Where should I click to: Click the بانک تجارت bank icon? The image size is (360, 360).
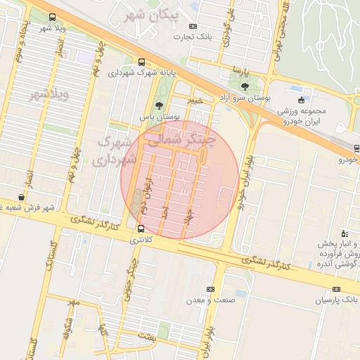pos(193,26)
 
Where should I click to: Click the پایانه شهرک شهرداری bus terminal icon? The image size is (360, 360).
pos(143,62)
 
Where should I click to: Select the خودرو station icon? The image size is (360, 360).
pos(356,148)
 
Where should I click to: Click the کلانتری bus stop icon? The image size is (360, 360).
pos(141,229)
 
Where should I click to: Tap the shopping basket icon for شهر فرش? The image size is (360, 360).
pos(20,198)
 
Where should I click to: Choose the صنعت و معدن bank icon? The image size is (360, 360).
pos(211,289)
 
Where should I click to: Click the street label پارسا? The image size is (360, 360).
pos(241,72)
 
